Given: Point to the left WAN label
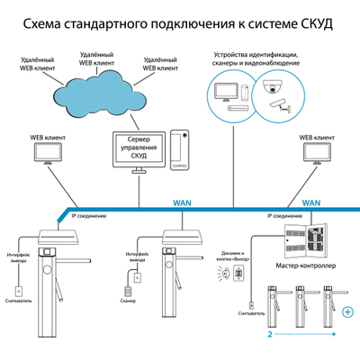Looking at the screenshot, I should coord(184,203).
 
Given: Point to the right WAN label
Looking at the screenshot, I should coord(312,203).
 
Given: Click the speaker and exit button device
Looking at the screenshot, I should coord(238,272).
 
